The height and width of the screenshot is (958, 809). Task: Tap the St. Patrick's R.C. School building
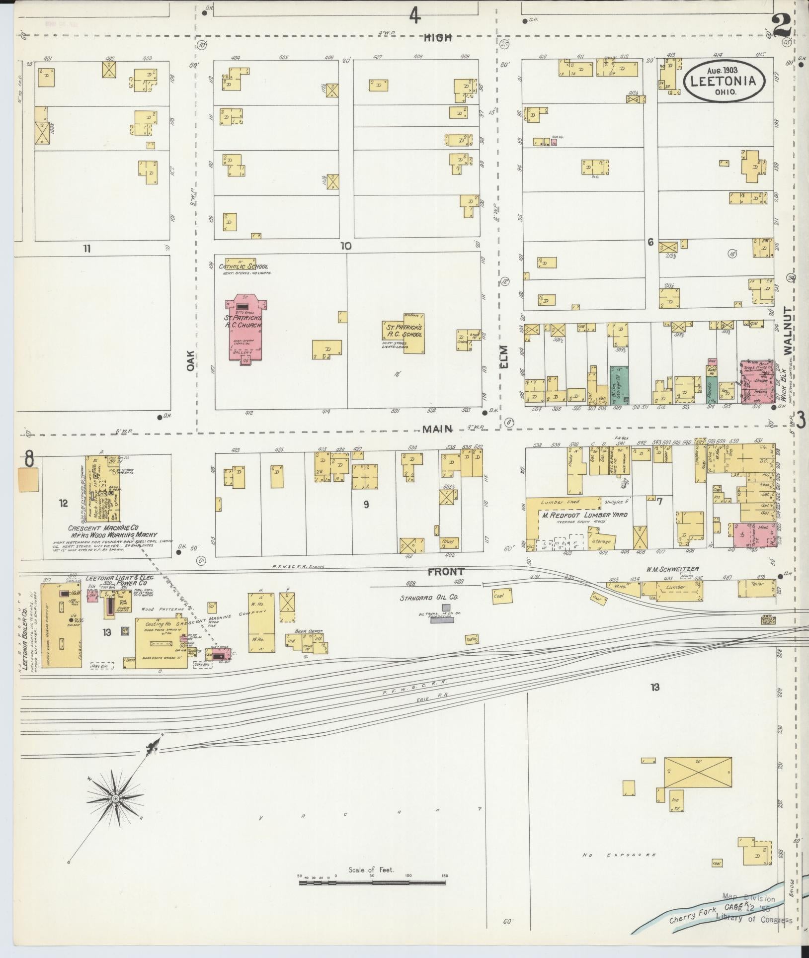tap(403, 336)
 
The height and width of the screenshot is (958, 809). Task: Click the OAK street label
tap(190, 361)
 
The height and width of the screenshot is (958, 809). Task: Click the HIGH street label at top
tap(439, 37)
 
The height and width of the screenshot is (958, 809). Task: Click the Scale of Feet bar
tap(372, 882)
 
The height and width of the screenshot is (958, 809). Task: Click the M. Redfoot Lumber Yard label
tap(584, 515)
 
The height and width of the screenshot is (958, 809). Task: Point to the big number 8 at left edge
tap(29, 460)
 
